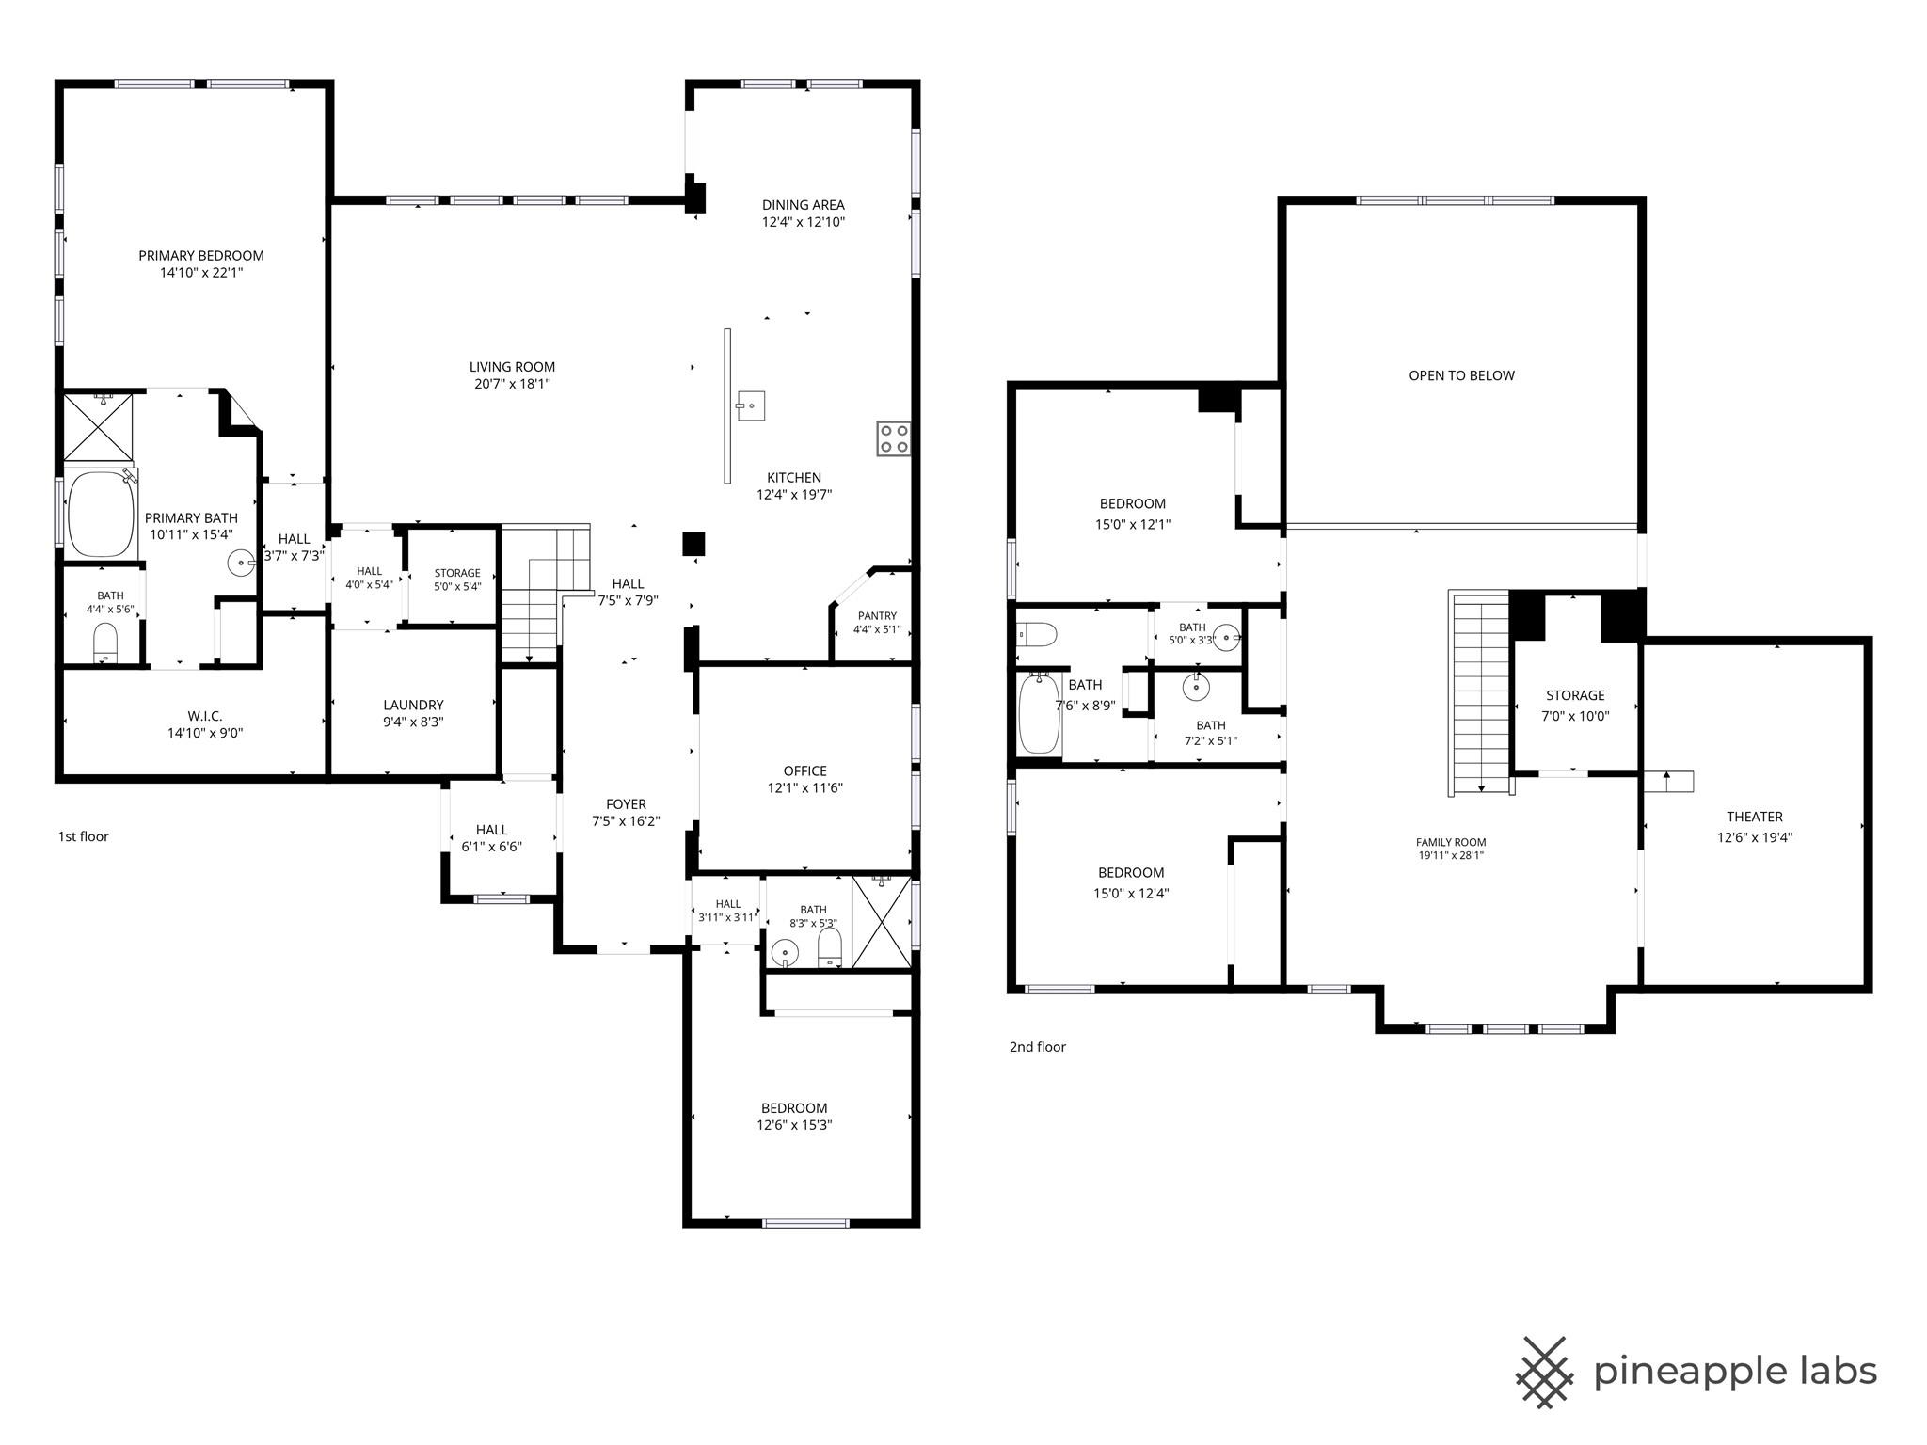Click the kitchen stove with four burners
click(893, 438)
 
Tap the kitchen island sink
click(750, 405)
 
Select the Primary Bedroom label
click(201, 255)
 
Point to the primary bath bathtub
click(101, 513)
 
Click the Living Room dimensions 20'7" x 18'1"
click(513, 384)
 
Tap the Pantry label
click(876, 616)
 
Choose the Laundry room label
click(413, 705)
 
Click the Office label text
click(805, 770)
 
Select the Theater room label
click(1755, 817)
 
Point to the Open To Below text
click(1461, 375)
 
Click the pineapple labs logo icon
click(1544, 1372)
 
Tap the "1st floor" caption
click(84, 836)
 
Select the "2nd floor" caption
click(1038, 1047)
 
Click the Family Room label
click(1451, 843)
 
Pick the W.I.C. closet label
click(205, 716)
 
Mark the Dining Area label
click(804, 204)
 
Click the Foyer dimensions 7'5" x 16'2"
click(626, 821)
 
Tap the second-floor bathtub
click(1040, 712)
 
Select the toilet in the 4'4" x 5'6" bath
click(105, 645)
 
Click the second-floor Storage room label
click(1575, 695)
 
